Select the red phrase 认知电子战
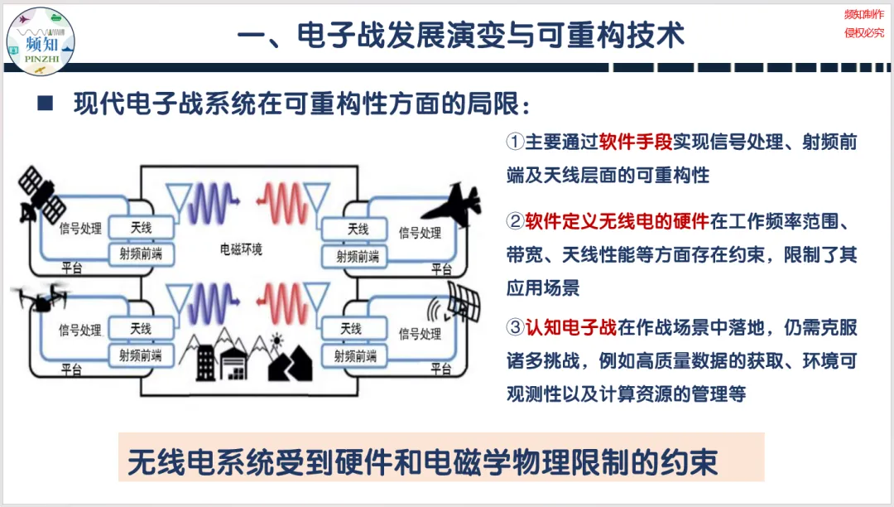[570, 327]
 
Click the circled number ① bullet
[515, 142]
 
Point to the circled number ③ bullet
[515, 327]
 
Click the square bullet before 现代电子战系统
[46, 104]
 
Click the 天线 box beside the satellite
[142, 226]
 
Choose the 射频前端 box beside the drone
[141, 355]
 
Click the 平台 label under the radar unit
[440, 371]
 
